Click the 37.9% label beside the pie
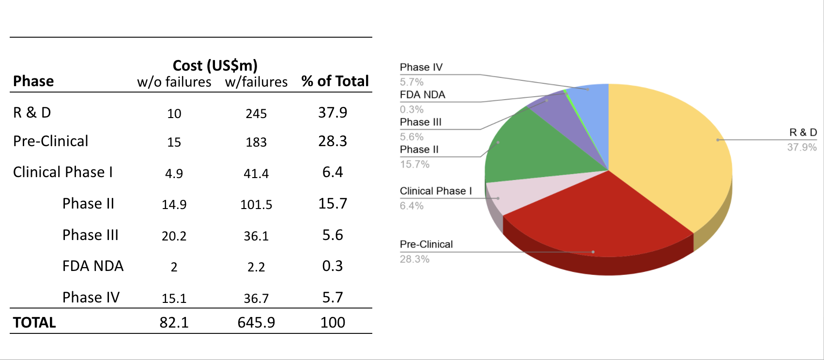tap(802, 147)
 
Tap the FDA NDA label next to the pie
tap(422, 95)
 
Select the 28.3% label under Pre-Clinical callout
tap(414, 259)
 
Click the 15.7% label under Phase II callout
tap(414, 164)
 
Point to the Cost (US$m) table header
tap(215, 65)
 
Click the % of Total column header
tap(335, 81)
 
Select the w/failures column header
tap(256, 82)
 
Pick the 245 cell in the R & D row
tap(256, 114)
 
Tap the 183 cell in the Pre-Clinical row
tap(256, 142)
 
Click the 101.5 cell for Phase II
tap(256, 205)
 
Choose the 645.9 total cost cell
tap(256, 323)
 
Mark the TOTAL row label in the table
tap(34, 323)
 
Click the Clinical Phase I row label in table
tap(63, 172)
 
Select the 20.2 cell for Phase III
tap(174, 236)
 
